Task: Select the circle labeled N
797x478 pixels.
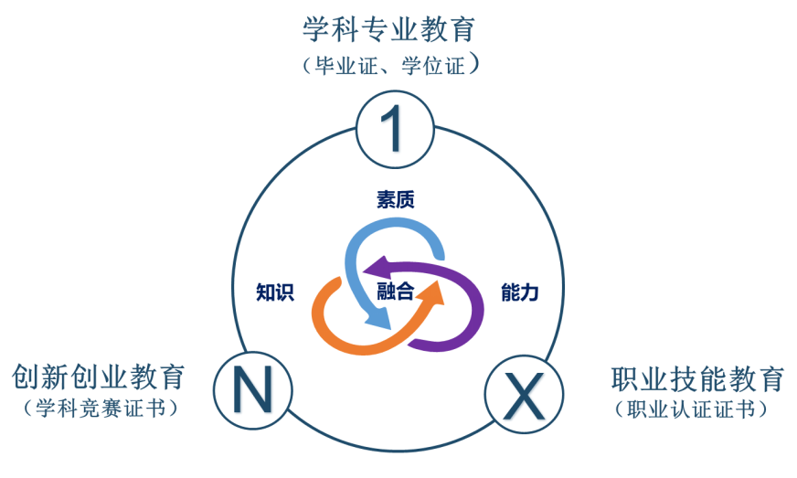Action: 253,391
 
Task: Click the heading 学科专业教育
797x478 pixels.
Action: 388,29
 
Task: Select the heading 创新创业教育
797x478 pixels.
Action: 99,377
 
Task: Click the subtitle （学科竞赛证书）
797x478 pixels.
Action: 100,409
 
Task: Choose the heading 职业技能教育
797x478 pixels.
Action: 697,378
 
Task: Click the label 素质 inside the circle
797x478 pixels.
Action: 395,200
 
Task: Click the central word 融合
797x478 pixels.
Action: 395,292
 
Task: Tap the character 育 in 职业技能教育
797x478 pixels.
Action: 770,378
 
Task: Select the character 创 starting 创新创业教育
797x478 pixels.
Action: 26,377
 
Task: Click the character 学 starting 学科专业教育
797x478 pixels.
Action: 316,29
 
